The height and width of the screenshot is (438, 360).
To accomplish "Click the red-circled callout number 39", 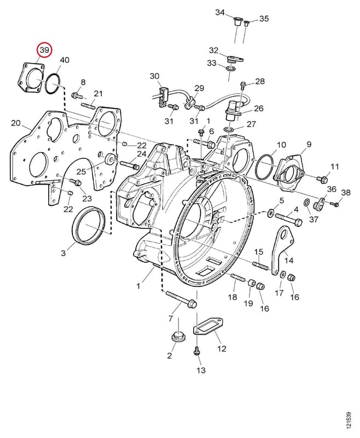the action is coord(45,50).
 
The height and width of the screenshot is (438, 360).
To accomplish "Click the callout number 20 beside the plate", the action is coord(16,123).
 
